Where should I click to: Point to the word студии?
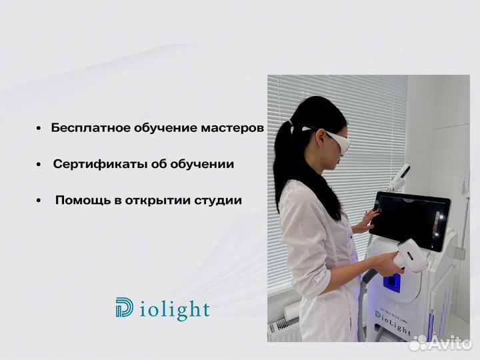click(x=217, y=200)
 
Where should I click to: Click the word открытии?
click(x=157, y=200)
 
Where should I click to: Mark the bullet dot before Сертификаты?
click(x=39, y=165)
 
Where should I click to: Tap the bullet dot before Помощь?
click(x=39, y=201)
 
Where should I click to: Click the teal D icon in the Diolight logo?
click(x=124, y=309)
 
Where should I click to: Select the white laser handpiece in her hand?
click(x=411, y=256)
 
